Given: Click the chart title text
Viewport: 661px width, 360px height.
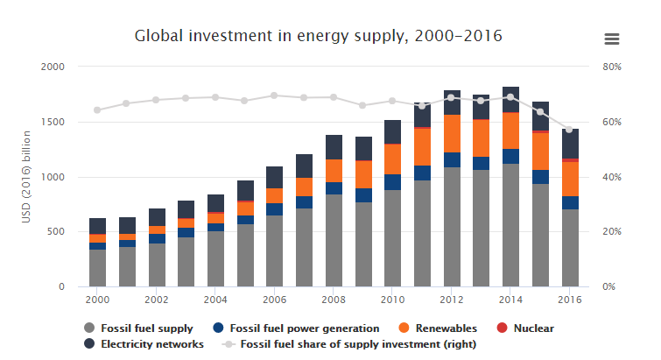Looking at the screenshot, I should [319, 37].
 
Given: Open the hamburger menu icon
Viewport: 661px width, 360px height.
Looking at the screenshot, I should [612, 39].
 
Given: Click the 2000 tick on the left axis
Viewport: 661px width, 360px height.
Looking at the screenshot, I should [53, 67].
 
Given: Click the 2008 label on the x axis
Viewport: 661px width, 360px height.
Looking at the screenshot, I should [334, 299].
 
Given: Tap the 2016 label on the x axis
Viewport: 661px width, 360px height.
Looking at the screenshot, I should [570, 299].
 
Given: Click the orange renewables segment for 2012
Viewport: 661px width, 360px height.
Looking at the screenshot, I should [451, 133].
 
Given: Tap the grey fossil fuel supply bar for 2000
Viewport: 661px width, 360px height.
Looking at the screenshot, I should [97, 268].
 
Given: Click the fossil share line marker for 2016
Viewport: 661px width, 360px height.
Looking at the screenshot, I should [570, 130].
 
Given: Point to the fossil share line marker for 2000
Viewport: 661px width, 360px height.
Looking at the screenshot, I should [97, 110].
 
